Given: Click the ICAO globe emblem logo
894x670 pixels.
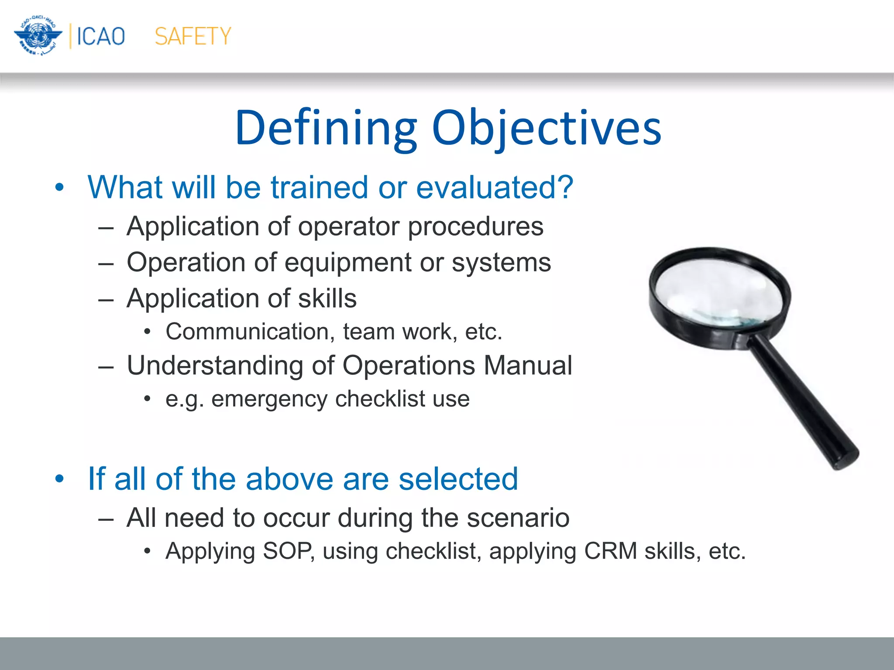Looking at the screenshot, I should (38, 35).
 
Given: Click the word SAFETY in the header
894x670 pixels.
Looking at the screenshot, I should (193, 36).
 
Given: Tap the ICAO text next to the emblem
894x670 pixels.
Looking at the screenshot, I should (101, 36).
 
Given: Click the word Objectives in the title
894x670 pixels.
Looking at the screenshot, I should (547, 128).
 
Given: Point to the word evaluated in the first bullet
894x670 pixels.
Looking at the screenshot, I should (494, 188).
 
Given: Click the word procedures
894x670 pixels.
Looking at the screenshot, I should (475, 227).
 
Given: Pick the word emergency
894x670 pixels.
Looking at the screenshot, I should (269, 399).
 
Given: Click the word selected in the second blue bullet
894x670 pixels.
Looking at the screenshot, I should (458, 479).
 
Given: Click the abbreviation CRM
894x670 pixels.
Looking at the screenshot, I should (611, 551).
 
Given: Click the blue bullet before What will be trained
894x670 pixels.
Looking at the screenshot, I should (60, 188).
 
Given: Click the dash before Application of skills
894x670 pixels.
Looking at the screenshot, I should (106, 300).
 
